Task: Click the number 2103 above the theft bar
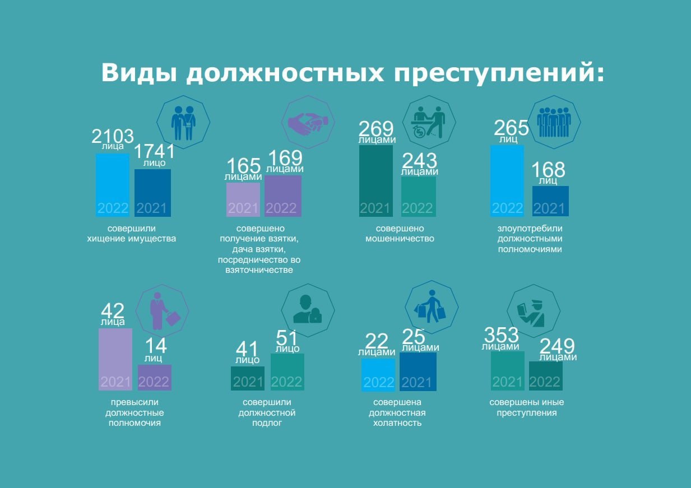pyautogui.click(x=113, y=136)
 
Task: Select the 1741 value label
pyautogui.click(x=155, y=151)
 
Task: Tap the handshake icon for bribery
pyautogui.click(x=308, y=124)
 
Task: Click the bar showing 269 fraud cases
pyautogui.click(x=375, y=181)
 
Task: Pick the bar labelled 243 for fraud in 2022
pyautogui.click(x=418, y=197)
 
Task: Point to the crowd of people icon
pyautogui.click(x=554, y=122)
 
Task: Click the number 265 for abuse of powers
pyautogui.click(x=511, y=128)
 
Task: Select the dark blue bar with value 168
pyautogui.click(x=550, y=201)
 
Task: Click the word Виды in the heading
pyautogui.click(x=139, y=73)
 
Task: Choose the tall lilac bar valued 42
pyautogui.click(x=115, y=359)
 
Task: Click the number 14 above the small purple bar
pyautogui.click(x=156, y=346)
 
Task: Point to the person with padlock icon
pyautogui.click(x=307, y=309)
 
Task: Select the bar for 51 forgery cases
pyautogui.click(x=287, y=371)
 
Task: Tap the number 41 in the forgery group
pyautogui.click(x=247, y=349)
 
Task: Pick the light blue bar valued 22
pyautogui.click(x=378, y=375)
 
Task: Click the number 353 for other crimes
pyautogui.click(x=501, y=334)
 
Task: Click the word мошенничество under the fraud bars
pyautogui.click(x=400, y=239)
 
